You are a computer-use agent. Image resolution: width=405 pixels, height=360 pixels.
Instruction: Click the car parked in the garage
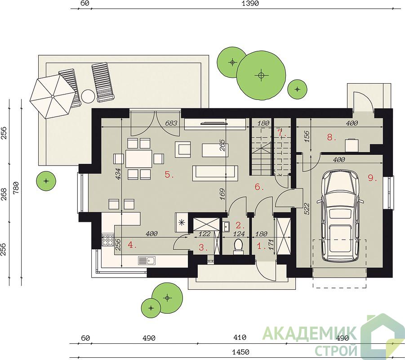pyautogui.click(x=340, y=216)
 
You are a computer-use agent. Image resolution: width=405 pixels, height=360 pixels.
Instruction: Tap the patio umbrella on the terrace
pyautogui.click(x=53, y=96)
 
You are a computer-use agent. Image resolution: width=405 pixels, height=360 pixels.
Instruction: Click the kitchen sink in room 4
pyautogui.click(x=147, y=261)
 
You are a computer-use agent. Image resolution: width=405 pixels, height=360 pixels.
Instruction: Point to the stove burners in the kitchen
pyautogui.click(x=108, y=240)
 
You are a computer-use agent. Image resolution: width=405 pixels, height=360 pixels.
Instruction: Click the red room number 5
pyautogui.click(x=169, y=175)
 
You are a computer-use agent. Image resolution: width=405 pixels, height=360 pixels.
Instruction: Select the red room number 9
pyautogui.click(x=372, y=178)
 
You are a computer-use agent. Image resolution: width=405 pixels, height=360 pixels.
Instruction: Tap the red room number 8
pyautogui.click(x=331, y=137)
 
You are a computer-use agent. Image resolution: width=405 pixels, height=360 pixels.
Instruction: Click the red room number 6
pyautogui.click(x=259, y=187)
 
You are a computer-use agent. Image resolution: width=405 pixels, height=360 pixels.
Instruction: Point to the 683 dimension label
pyautogui.click(x=171, y=123)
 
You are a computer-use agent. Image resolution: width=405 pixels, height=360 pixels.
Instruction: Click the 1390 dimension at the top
pyautogui.click(x=250, y=3)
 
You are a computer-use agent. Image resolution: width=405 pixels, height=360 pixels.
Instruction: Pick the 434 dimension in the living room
pyautogui.click(x=118, y=174)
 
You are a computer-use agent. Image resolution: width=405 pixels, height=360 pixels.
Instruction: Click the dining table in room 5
pyautogui.click(x=138, y=158)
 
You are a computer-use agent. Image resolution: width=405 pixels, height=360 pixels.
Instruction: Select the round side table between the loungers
pyautogui.click(x=88, y=96)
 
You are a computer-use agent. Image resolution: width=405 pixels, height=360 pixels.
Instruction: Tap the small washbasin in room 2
pyautogui.click(x=227, y=226)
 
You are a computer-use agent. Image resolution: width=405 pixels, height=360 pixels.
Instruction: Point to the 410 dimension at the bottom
pyautogui.click(x=240, y=337)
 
